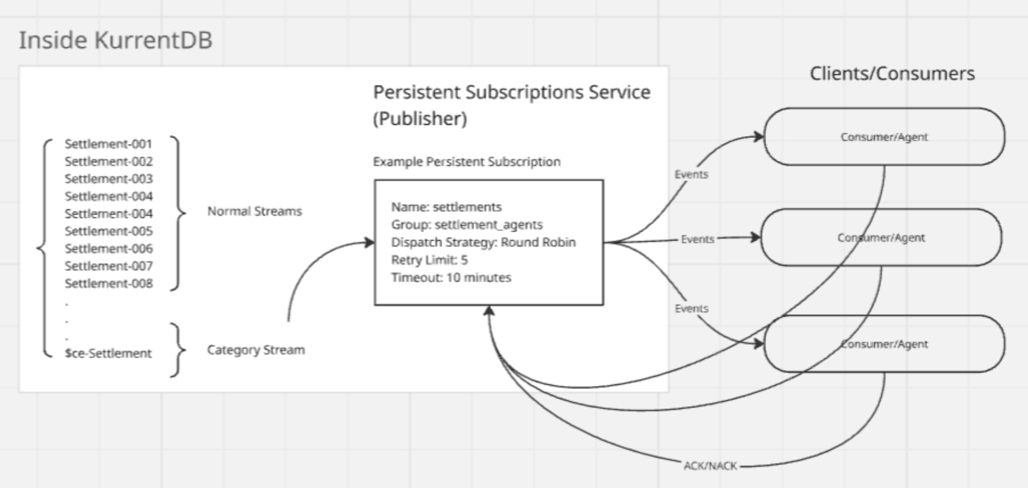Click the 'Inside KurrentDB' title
coord(116,41)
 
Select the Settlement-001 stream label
coord(109,144)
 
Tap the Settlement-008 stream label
coord(109,283)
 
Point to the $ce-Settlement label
coord(108,354)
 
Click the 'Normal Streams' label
coord(254,211)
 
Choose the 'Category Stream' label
coord(255,350)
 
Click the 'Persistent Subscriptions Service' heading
coord(511,93)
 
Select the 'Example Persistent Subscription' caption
coord(467,161)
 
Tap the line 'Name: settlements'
coord(446,207)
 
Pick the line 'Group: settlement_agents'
coord(467,225)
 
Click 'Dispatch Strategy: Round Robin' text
coord(483,242)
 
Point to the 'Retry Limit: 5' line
coord(429,260)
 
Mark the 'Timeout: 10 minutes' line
coord(451,278)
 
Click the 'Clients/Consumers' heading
coord(892,74)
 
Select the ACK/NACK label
coord(710,466)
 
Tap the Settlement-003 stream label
coord(109,179)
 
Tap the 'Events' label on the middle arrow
coord(697,239)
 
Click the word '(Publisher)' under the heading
coord(419,118)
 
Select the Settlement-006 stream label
coord(109,249)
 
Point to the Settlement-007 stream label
coord(109,266)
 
